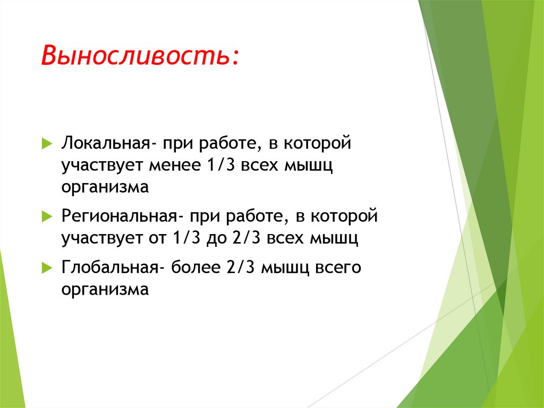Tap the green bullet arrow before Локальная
pyautogui.click(x=46, y=144)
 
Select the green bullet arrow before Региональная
pyautogui.click(x=46, y=217)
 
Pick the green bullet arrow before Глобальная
pyautogui.click(x=46, y=268)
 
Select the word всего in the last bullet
pyautogui.click(x=339, y=267)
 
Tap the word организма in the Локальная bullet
pyautogui.click(x=105, y=188)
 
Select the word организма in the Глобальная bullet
pyautogui.click(x=105, y=289)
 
